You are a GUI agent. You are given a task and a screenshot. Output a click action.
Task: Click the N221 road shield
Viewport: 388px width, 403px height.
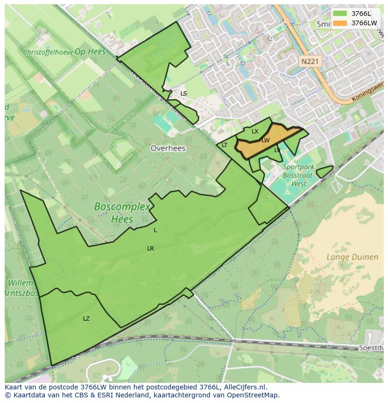click(309, 61)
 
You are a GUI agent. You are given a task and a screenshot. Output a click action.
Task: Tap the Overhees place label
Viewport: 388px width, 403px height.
click(168, 148)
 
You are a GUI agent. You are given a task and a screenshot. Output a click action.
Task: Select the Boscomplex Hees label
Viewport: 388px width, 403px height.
click(122, 212)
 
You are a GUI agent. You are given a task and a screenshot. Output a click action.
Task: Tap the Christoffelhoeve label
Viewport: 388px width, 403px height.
click(48, 52)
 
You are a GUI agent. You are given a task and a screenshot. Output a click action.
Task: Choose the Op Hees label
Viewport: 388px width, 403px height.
click(90, 51)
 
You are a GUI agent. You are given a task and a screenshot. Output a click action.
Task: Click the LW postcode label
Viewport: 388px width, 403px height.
click(266, 140)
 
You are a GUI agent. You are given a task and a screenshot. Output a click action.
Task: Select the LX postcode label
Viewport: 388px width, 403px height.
click(255, 132)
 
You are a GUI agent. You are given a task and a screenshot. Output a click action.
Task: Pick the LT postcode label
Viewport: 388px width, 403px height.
click(224, 145)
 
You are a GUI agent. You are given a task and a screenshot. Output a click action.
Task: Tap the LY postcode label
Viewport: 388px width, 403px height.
click(277, 150)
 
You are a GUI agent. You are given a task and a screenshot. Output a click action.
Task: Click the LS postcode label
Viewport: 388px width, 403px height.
click(184, 94)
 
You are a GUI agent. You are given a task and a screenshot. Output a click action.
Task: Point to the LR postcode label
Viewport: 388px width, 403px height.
click(150, 249)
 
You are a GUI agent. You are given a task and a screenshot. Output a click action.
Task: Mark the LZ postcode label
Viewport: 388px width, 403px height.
click(86, 319)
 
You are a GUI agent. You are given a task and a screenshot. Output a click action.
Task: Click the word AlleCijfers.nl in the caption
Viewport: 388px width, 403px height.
click(244, 387)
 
